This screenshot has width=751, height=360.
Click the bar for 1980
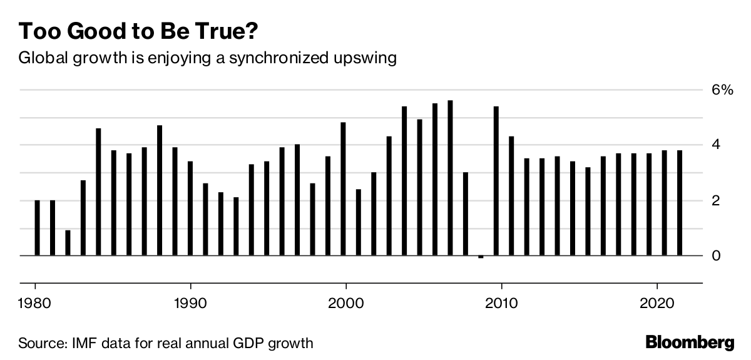37,228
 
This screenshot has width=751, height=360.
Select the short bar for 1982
68,243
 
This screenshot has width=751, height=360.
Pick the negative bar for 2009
481,257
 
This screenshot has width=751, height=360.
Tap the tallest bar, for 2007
450,178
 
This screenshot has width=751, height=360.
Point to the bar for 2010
496,181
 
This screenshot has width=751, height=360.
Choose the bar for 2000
343,189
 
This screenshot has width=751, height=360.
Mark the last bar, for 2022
679,203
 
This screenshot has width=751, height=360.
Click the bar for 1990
190,208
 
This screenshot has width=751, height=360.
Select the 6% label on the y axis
720,90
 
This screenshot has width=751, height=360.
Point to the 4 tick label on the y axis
716,145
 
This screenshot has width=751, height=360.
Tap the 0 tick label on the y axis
716,255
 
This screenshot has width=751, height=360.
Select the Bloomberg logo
690,342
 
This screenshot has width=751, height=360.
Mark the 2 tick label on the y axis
716,200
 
